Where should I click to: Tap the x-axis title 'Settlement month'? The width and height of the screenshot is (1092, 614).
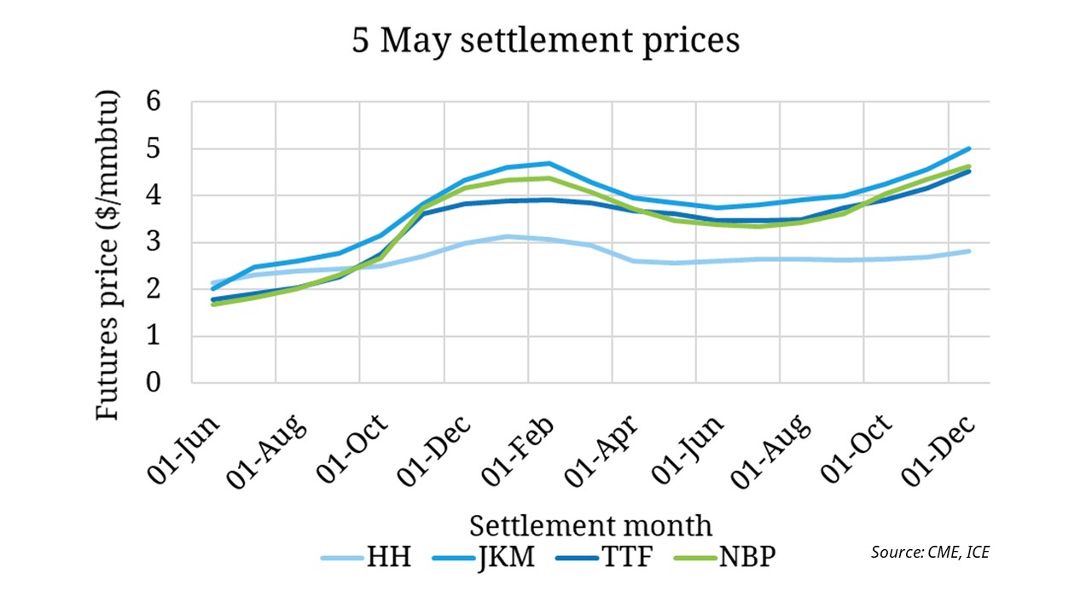tap(590, 524)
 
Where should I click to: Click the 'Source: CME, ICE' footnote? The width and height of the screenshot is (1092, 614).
tap(930, 552)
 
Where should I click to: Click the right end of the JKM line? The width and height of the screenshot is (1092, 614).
tap(970, 148)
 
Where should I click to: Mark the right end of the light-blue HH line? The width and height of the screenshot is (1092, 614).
tap(970, 251)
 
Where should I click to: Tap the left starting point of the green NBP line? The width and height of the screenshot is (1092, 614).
tap(212, 304)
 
